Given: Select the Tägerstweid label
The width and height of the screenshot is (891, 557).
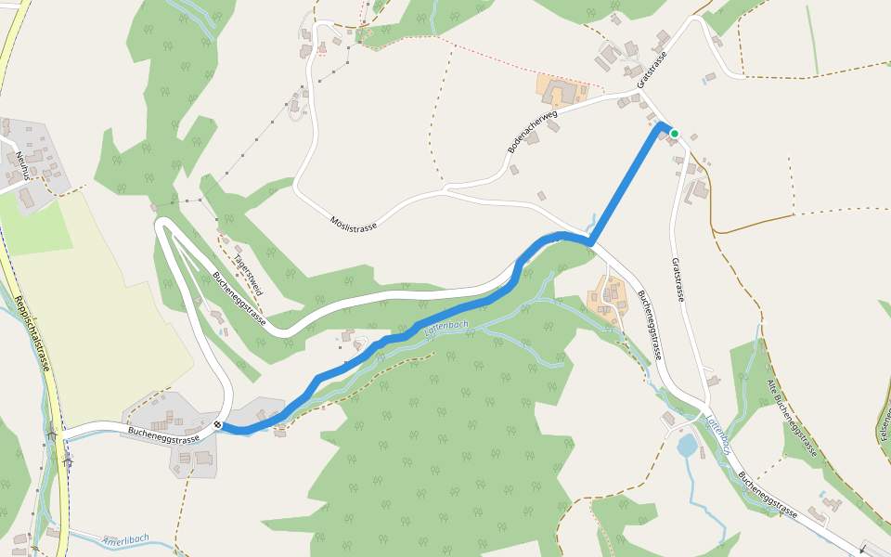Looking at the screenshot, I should coord(248,275).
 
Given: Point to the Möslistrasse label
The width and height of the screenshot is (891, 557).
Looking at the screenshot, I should coord(354,221).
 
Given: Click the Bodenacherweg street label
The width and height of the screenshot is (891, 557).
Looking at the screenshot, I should coord(532,130).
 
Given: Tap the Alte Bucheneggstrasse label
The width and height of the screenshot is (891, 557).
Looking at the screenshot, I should coord(792,418).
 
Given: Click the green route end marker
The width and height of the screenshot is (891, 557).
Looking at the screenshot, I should coord(675,134).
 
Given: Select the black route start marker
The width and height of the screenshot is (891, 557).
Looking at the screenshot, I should coord(217,425).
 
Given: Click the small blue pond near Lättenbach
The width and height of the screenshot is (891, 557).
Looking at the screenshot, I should coord(687,447).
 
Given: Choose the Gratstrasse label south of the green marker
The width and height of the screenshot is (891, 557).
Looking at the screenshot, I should coord(678,279).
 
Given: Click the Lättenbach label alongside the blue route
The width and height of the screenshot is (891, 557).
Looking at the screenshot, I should coord(445,327).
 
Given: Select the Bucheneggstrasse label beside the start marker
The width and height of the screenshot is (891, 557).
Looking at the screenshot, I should coord(163,433).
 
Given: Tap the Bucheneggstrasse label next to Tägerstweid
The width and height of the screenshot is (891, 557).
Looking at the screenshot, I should coord(240,297).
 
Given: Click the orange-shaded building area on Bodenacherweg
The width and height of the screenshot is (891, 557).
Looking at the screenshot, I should coord(562,90).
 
